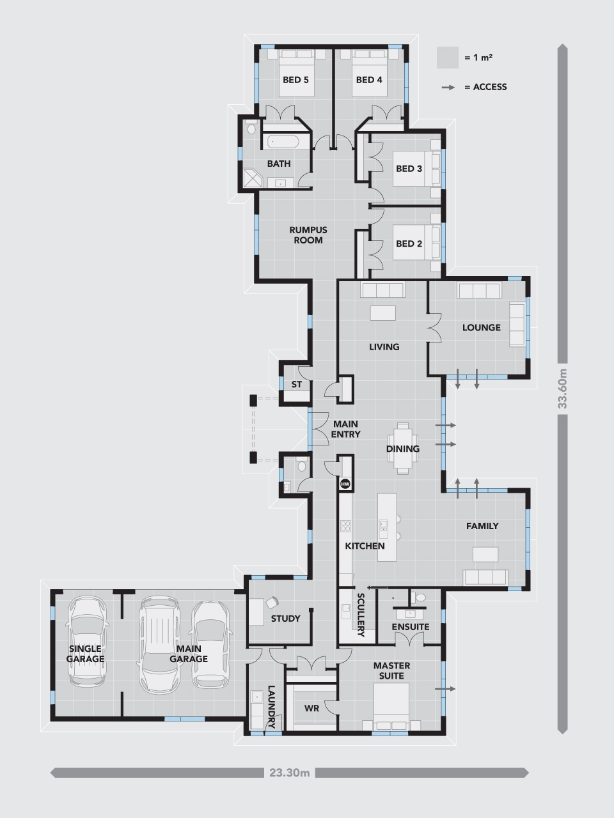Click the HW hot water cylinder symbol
(x=345, y=484)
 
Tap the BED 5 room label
(x=295, y=80)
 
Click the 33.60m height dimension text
(x=562, y=389)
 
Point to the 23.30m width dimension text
(x=289, y=773)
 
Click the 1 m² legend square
(x=447, y=58)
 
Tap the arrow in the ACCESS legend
(x=448, y=87)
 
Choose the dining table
(x=403, y=449)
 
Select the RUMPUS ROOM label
(x=308, y=235)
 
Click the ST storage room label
(x=296, y=384)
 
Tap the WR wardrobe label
(x=311, y=708)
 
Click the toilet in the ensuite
(x=420, y=598)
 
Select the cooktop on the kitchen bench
(x=345, y=526)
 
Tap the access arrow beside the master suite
(x=445, y=689)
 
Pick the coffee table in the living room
(x=383, y=313)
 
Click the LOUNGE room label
(x=481, y=328)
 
